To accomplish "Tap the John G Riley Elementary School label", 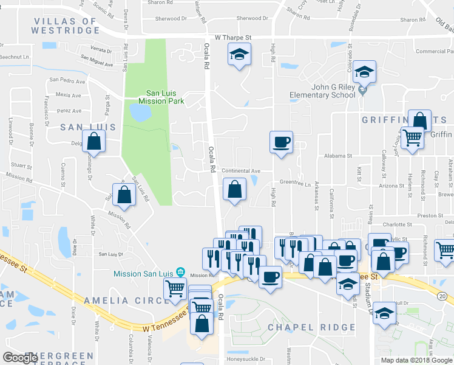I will [x=325, y=91].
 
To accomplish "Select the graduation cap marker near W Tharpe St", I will [x=240, y=55].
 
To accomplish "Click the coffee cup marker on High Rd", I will [x=281, y=142].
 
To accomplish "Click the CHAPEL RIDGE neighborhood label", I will [x=311, y=327].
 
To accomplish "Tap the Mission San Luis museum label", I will [x=143, y=273].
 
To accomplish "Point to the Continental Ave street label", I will [x=240, y=171].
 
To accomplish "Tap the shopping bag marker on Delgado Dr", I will [x=94, y=142].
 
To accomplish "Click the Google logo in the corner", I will [x=20, y=358].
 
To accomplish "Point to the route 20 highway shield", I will [x=442, y=296].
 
